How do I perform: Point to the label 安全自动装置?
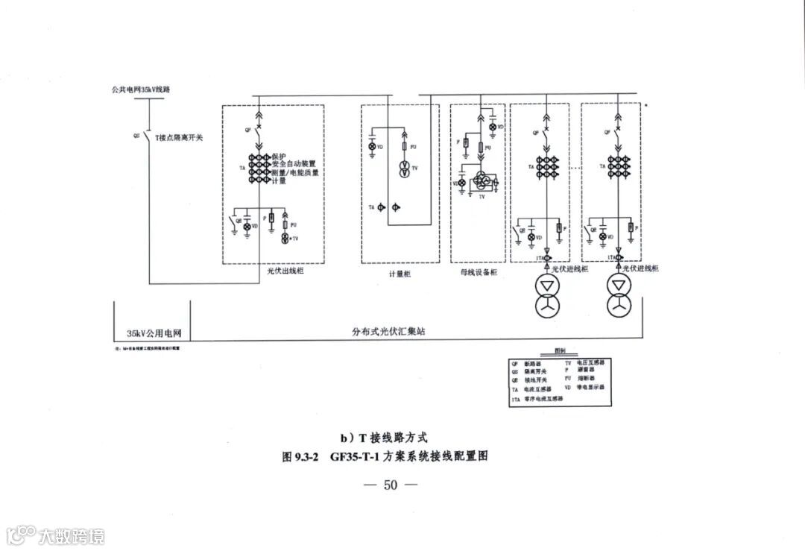294,164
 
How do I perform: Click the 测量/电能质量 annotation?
295,172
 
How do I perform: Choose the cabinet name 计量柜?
400,274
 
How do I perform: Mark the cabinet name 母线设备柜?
479,274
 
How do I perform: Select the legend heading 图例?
559,351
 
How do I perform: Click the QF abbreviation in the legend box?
514,362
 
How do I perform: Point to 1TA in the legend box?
516,399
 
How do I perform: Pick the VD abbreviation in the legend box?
567,388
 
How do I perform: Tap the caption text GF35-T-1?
356,457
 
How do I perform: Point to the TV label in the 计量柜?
414,169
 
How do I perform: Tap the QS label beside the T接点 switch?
136,137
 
